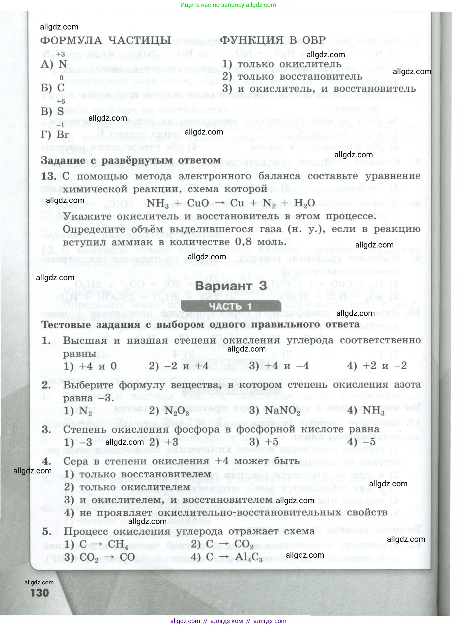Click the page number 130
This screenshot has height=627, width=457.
[x=40, y=593]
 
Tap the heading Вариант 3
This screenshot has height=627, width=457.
[x=231, y=286]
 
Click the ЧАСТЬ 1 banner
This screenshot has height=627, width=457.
[x=231, y=306]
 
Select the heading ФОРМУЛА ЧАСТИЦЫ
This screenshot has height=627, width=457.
[x=106, y=40]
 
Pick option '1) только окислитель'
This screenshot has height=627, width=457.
[x=282, y=64]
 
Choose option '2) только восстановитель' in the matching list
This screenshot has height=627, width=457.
[x=292, y=76]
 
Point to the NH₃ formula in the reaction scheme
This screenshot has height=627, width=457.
[x=157, y=203]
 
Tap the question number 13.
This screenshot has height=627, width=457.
[x=49, y=176]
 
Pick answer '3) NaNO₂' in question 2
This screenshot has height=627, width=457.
[x=274, y=410]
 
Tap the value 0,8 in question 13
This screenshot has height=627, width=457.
[x=243, y=242]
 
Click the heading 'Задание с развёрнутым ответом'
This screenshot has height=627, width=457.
[x=131, y=160]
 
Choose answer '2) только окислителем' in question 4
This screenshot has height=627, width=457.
[x=127, y=487]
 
